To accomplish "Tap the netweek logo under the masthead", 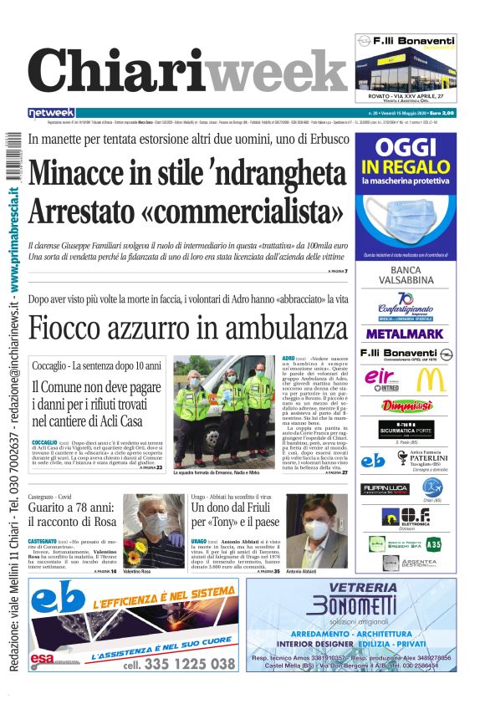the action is [x=51, y=113].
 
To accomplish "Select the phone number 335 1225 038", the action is [x=179, y=664].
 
